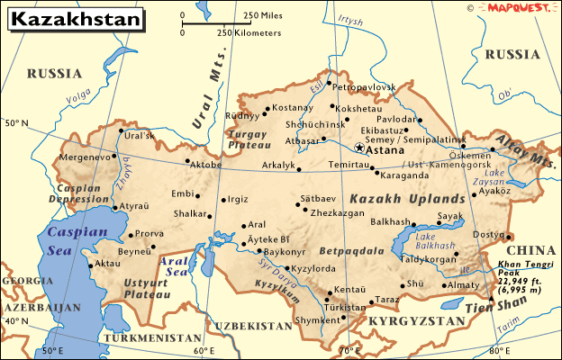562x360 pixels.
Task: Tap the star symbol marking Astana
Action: point(359,148)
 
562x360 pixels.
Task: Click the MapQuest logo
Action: point(517,8)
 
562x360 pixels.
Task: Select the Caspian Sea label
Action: point(77,241)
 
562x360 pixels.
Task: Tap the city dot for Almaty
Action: point(447,286)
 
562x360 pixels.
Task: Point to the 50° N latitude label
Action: point(16,121)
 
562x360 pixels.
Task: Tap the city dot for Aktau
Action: point(90,265)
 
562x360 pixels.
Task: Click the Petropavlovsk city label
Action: point(365,86)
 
